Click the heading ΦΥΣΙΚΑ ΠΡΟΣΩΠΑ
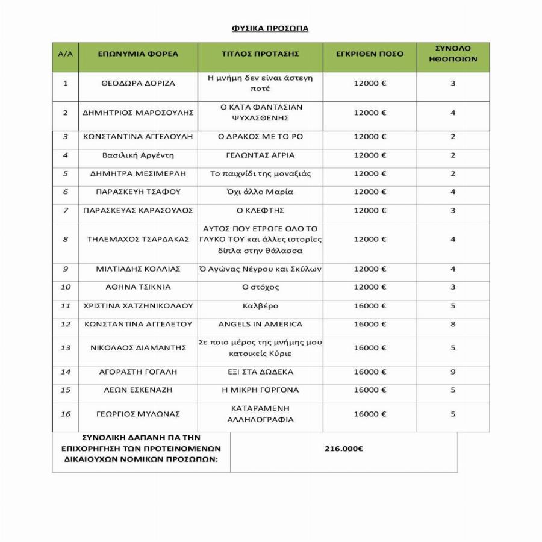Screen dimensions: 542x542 coord(270,28)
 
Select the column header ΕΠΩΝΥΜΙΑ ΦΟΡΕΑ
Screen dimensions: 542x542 coord(138,54)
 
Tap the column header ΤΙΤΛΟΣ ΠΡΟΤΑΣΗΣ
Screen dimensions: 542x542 coord(260,54)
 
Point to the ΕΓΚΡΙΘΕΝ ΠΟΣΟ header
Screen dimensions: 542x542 coord(370,54)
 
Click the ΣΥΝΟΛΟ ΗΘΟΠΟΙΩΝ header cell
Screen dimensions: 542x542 coord(453,54)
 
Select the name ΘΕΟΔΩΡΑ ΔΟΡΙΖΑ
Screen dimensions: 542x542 coord(138,83)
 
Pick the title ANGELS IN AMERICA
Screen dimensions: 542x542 coord(260,324)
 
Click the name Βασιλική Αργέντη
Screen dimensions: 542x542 coord(138,155)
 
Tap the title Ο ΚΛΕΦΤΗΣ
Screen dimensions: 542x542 coord(260,210)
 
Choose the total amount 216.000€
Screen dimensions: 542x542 coord(343,449)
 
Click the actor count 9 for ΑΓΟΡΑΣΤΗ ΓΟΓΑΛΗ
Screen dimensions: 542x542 coord(453,372)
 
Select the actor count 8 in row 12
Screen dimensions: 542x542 coord(453,324)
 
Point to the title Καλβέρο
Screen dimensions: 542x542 coord(260,306)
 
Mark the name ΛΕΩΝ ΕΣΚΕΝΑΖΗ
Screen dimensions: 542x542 coord(138,390)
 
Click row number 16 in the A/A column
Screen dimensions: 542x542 coord(65,414)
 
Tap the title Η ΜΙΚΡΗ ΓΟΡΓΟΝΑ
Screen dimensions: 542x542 coord(260,390)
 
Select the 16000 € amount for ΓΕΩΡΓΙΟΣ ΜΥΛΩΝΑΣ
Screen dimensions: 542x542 coord(370,414)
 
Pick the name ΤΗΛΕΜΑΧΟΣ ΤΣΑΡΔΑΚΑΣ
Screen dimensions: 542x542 coord(138,239)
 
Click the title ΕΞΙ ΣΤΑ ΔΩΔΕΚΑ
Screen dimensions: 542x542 coord(260,372)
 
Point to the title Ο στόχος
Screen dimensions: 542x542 coord(260,287)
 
